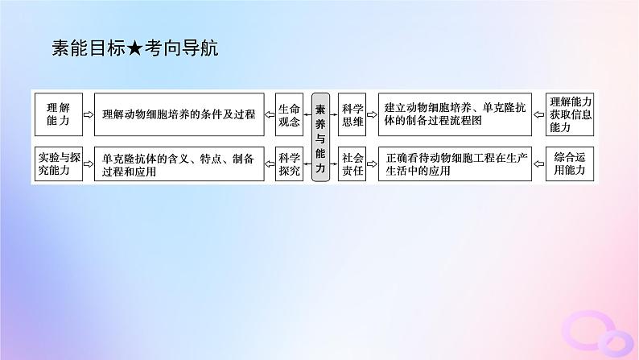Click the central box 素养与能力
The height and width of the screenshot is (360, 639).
320,137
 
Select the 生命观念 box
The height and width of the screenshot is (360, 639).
289,114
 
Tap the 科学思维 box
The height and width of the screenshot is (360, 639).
351,114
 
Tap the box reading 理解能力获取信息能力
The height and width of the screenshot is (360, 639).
571,114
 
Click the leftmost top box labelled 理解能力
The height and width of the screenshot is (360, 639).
59,114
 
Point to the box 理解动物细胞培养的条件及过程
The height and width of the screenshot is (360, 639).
179,114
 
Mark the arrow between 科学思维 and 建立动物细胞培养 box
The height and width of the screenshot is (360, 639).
371,114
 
